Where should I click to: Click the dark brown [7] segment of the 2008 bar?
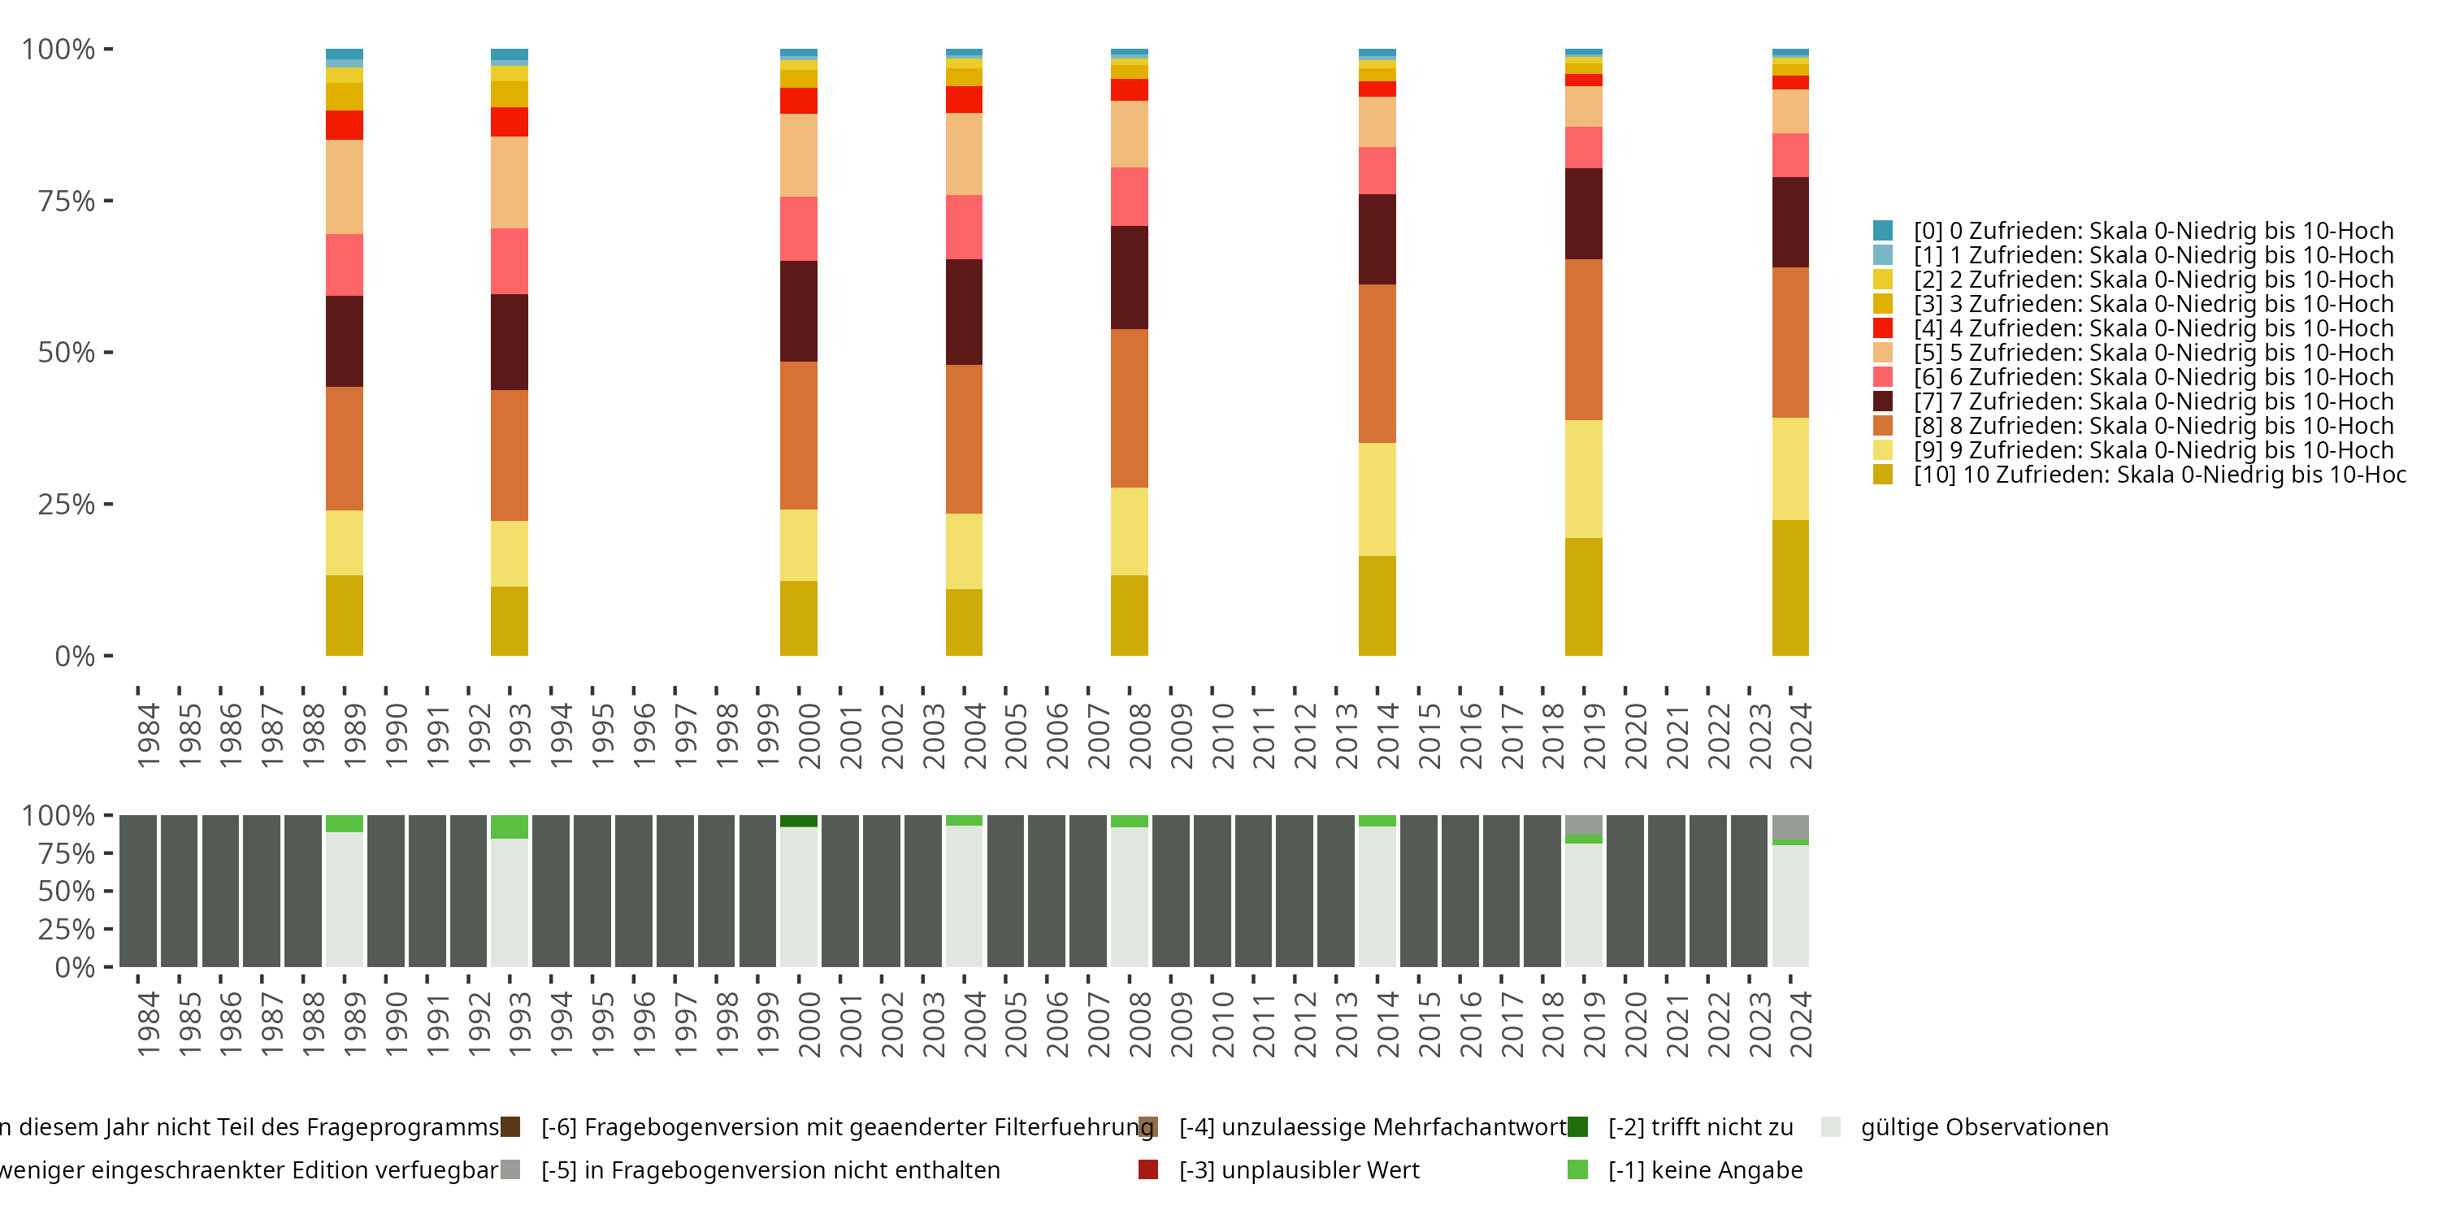tap(1129, 277)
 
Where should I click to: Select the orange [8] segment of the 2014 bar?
tap(1377, 363)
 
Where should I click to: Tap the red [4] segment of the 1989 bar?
tap(345, 125)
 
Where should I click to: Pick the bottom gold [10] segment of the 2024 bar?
tap(1789, 588)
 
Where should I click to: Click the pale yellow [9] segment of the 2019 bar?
tap(1583, 479)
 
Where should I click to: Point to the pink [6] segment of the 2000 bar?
tap(799, 229)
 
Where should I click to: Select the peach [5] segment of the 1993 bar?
tap(510, 183)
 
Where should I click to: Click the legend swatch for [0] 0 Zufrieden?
tap(1882, 230)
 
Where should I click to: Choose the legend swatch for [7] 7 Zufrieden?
tap(1882, 401)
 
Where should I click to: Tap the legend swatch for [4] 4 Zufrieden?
tap(1882, 328)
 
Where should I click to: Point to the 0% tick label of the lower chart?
tap(75, 967)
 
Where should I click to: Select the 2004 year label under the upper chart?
tap(974, 735)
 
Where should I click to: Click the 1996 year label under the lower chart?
tap(644, 1024)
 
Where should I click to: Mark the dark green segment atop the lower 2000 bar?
tap(799, 821)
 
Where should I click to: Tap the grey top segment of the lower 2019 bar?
tap(1583, 824)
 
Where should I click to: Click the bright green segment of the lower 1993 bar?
tap(510, 826)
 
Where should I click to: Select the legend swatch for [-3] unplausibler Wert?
tap(1148, 1169)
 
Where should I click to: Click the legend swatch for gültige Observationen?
tap(1830, 1127)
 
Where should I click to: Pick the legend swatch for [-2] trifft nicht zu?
tap(1577, 1127)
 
